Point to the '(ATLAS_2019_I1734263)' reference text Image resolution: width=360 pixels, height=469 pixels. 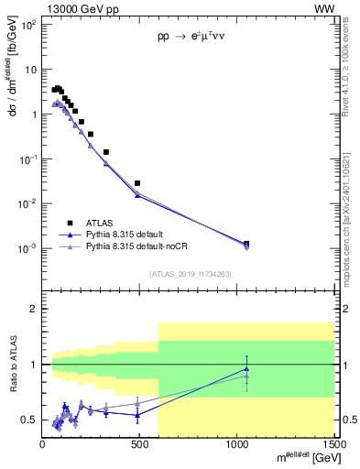(191, 273)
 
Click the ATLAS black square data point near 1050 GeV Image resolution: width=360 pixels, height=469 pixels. (246, 244)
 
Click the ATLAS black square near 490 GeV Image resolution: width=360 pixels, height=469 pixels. (137, 183)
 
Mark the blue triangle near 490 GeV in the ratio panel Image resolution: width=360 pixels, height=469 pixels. (137, 415)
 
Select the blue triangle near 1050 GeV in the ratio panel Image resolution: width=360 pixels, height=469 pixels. (246, 369)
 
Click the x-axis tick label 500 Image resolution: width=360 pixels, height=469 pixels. (140, 444)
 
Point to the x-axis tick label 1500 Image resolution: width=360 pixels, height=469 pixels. (333, 444)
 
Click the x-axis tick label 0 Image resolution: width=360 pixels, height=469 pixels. (43, 444)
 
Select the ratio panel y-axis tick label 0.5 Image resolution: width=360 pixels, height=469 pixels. (29, 420)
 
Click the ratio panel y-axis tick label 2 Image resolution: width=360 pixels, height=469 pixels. (34, 310)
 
